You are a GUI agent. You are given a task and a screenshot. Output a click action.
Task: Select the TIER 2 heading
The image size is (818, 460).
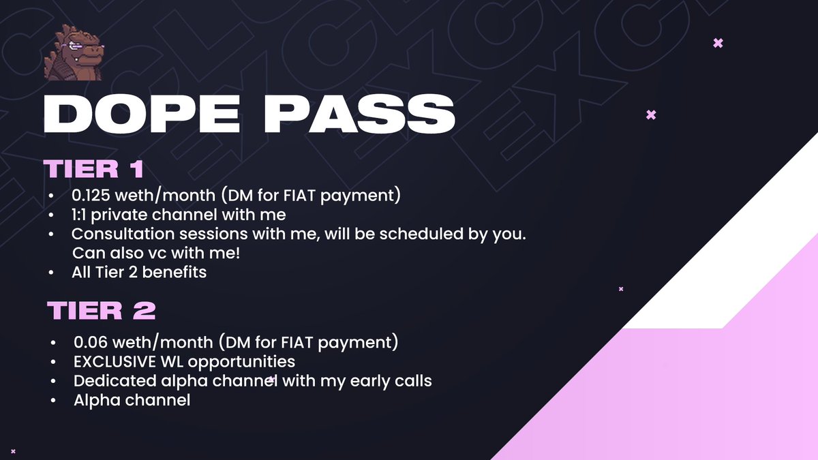[102, 311]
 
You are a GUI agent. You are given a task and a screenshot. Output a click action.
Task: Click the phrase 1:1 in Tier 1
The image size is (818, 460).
[80, 215]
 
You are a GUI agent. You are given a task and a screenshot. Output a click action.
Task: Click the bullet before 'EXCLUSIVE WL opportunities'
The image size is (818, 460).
[54, 361]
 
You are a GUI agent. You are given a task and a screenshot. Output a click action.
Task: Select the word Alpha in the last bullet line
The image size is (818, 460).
[94, 400]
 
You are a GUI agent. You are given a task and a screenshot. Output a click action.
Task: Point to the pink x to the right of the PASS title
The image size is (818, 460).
[650, 114]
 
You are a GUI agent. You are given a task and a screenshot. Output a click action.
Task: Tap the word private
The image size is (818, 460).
[127, 215]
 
